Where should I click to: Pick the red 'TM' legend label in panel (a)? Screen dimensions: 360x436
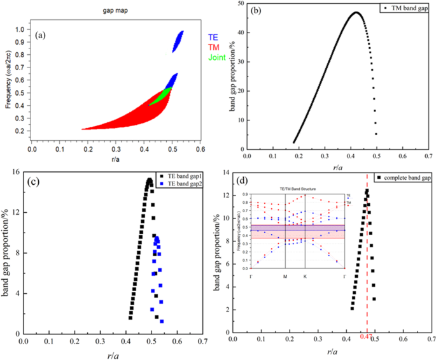tap(213, 47)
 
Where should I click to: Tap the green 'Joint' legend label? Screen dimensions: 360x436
tap(216, 57)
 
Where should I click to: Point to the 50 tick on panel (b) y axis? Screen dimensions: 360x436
tap(235, 4)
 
